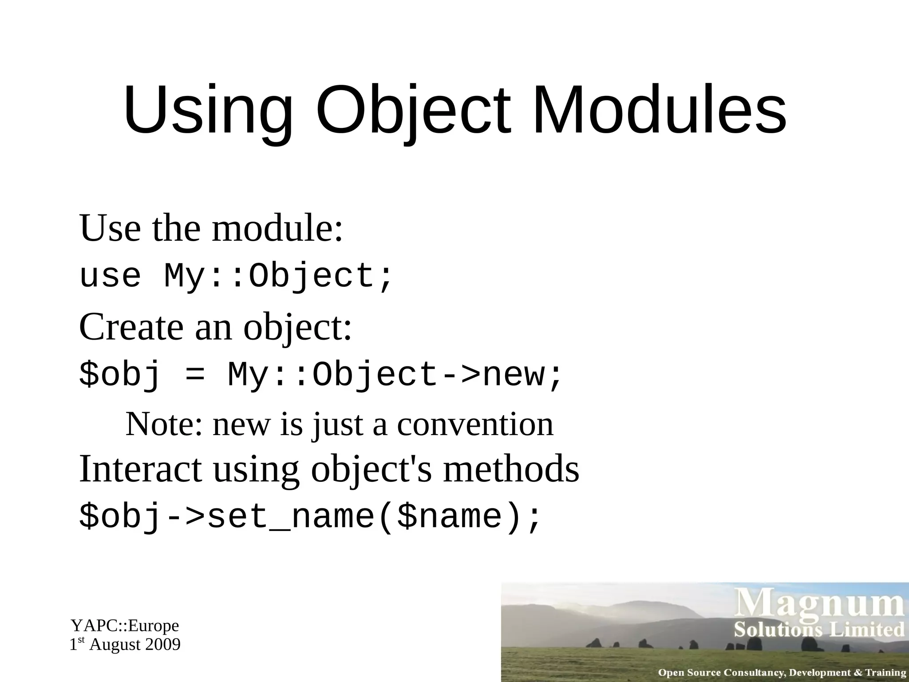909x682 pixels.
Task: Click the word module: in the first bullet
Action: pos(278,228)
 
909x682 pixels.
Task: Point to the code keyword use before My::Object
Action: pos(110,276)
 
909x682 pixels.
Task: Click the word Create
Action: pos(131,327)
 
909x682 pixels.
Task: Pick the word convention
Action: pos(475,424)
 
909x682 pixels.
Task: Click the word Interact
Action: pos(140,469)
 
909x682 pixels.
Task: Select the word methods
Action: pos(511,469)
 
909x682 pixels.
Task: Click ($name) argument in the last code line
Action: pos(448,517)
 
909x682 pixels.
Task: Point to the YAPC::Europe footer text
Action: pos(125,626)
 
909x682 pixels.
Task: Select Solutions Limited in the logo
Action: pos(819,630)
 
